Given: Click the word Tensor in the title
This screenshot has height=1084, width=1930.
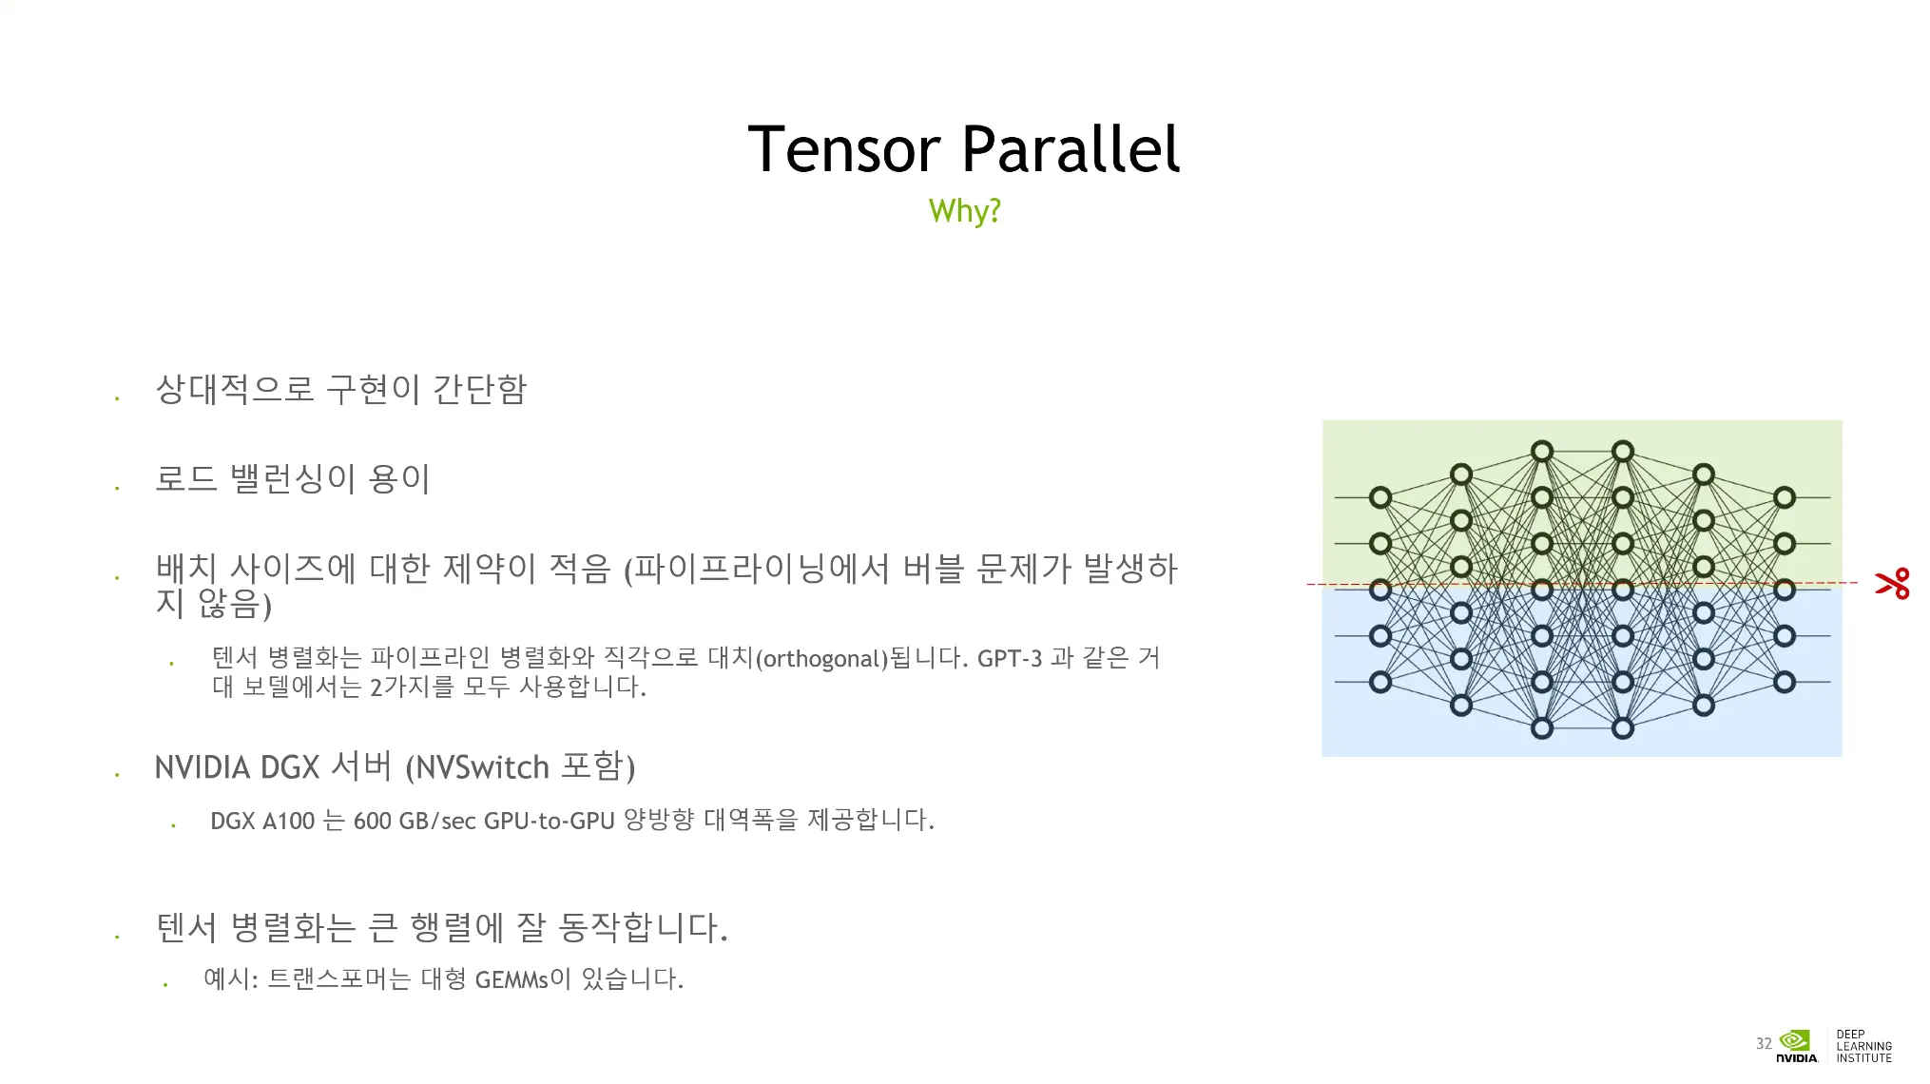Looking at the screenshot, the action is pos(844,149).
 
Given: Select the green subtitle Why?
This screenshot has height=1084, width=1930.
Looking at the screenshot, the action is pos(964,211).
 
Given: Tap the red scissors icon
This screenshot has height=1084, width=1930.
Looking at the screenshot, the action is pos(1892,583).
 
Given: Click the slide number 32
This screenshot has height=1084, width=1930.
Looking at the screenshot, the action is pos(1764,1043).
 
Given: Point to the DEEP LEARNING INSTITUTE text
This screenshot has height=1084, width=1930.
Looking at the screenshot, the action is pos(1863,1046).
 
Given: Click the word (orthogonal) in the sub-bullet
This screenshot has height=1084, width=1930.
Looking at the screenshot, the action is pos(821,659).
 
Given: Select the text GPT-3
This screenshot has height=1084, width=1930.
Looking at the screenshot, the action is pos(1009,658).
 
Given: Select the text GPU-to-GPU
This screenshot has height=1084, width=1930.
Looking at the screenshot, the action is pos(550,821).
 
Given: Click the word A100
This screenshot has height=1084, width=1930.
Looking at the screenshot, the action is pos(288,821).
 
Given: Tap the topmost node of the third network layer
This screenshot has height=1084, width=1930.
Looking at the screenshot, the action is pos(1542,451).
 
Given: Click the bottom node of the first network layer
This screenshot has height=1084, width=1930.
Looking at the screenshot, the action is pos(1380,682).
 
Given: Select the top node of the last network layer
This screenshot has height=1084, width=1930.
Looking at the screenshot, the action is pos(1785,497).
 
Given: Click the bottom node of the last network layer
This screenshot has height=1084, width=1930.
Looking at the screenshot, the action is pos(1785,682).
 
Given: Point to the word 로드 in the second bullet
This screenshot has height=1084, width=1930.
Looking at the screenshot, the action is pos(186,478).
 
